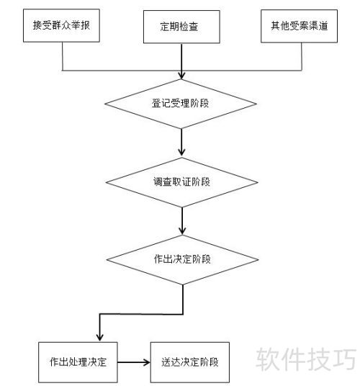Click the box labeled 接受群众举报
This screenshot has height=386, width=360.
click(x=61, y=26)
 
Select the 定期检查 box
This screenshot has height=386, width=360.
click(x=181, y=27)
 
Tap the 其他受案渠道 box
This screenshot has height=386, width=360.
click(x=299, y=26)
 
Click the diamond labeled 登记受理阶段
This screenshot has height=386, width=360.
click(x=181, y=104)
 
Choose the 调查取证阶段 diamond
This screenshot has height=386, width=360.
click(x=182, y=182)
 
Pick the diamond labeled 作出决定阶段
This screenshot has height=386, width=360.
click(x=182, y=260)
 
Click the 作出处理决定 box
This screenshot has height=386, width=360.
click(x=78, y=362)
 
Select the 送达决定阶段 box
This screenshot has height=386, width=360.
click(x=189, y=362)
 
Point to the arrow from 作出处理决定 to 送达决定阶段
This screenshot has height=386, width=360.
click(x=134, y=362)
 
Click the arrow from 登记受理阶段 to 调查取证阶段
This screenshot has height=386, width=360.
click(x=181, y=143)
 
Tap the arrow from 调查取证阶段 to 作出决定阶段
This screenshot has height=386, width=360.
click(x=182, y=221)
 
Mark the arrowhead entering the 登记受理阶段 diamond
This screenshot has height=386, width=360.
click(x=181, y=76)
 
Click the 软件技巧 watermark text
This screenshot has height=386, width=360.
click(x=306, y=359)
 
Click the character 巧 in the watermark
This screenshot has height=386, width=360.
click(x=344, y=359)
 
